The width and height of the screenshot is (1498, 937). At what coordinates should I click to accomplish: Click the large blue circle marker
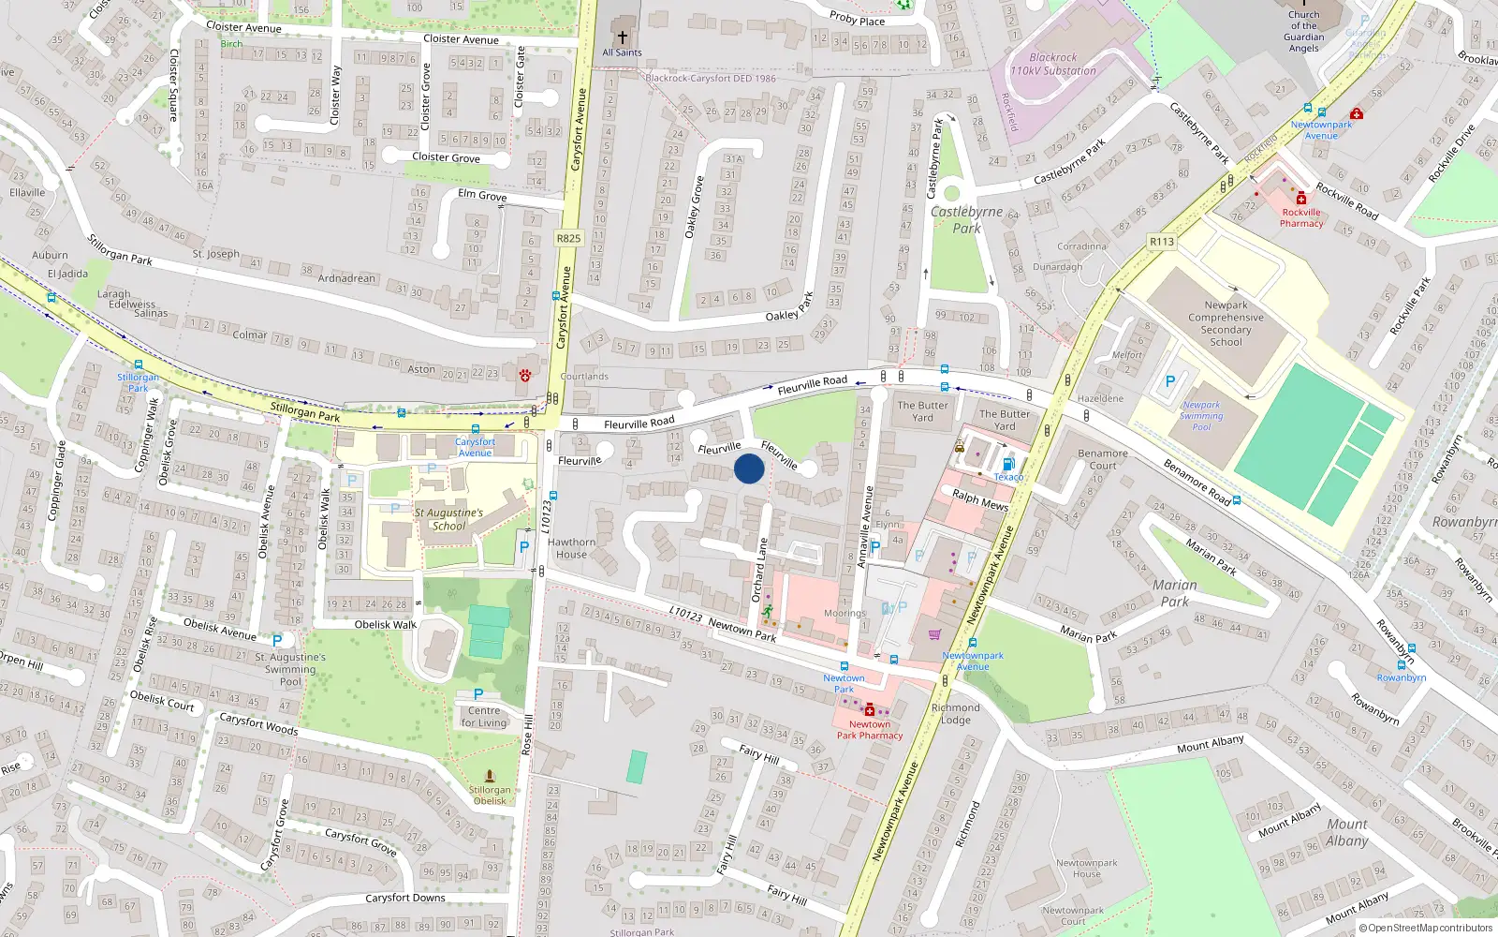pos(749,468)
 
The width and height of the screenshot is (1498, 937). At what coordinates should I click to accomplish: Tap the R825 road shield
pos(568,238)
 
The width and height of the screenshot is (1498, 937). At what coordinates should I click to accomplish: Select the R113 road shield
pos(1162,242)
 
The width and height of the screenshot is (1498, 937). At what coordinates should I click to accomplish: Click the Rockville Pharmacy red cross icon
pos(1301,199)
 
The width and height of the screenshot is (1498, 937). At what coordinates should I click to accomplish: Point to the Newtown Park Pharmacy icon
pos(869,710)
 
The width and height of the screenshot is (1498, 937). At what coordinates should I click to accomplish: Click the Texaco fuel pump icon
pos(1008,465)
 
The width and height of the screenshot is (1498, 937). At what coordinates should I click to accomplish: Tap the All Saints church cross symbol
pos(622,37)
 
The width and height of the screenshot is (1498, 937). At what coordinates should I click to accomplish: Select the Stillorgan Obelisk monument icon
pos(489,776)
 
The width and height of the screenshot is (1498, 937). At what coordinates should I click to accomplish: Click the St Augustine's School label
pos(448,519)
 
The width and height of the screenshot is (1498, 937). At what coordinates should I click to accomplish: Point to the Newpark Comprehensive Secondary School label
pos(1226,323)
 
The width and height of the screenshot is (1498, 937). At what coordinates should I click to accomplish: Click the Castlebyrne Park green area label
pos(966,220)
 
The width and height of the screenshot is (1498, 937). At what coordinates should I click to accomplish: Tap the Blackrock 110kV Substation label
pos(1053,64)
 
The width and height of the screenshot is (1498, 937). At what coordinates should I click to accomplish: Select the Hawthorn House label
pos(571,548)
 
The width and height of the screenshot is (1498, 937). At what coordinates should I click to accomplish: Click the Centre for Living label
pos(483,717)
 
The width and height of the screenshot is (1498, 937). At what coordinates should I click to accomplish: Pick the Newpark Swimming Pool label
pos(1201,416)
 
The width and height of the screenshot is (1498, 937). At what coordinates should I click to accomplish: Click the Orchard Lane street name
pos(758,570)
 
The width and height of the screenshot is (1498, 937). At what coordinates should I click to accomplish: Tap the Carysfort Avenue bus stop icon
pos(476,430)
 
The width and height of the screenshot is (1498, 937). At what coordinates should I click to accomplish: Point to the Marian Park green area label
pos(1174,593)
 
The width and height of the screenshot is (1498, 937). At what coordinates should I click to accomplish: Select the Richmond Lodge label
pos(955,714)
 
